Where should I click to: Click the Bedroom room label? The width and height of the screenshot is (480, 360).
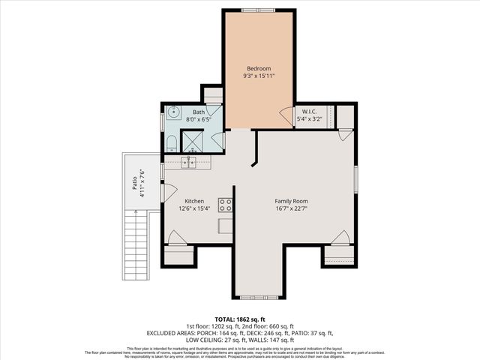tap(259, 68)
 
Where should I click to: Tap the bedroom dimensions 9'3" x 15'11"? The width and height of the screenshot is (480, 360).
tap(259, 76)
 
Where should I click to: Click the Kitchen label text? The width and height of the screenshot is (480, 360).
tap(195, 201)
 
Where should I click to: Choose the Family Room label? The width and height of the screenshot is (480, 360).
tap(291, 201)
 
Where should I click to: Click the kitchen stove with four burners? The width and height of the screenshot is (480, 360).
tap(224, 204)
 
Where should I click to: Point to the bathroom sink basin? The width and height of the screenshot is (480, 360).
tap(172, 114)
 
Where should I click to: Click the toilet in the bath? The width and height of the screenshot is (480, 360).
tap(170, 142)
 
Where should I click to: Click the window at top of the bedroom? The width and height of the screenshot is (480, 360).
tap(259, 10)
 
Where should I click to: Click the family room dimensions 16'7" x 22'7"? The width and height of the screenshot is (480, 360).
tap(291, 209)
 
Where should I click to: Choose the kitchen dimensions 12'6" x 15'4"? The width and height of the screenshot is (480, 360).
tap(195, 209)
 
